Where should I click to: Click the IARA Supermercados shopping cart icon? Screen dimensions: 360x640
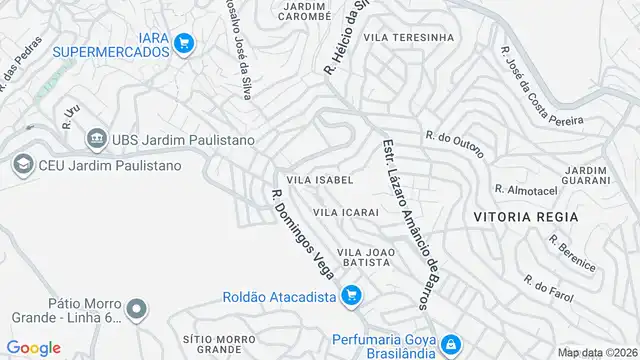pos(183,43)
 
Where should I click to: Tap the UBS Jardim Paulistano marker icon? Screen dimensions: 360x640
pos(97,138)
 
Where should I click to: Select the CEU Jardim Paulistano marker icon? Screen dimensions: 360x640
pos(21,164)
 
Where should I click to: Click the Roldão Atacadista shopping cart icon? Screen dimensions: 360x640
pos(350,295)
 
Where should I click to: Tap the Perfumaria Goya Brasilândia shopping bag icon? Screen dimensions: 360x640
pos(450,342)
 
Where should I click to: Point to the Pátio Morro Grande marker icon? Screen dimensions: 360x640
pos(137,308)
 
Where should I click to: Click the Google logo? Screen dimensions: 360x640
pos(34,347)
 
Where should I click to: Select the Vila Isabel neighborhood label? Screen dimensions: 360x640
pos(320,180)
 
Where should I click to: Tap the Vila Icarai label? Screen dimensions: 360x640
pos(346,212)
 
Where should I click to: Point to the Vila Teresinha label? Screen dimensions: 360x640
pos(409,37)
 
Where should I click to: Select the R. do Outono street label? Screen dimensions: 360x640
pos(454,144)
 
